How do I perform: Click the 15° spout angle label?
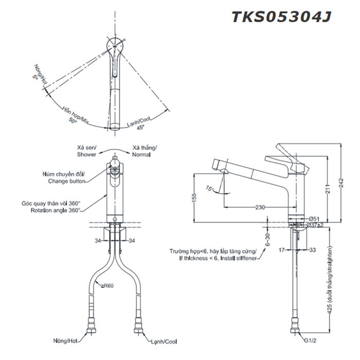pyautogui.click(x=210, y=188)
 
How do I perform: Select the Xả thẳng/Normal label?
pyautogui.click(x=145, y=151)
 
